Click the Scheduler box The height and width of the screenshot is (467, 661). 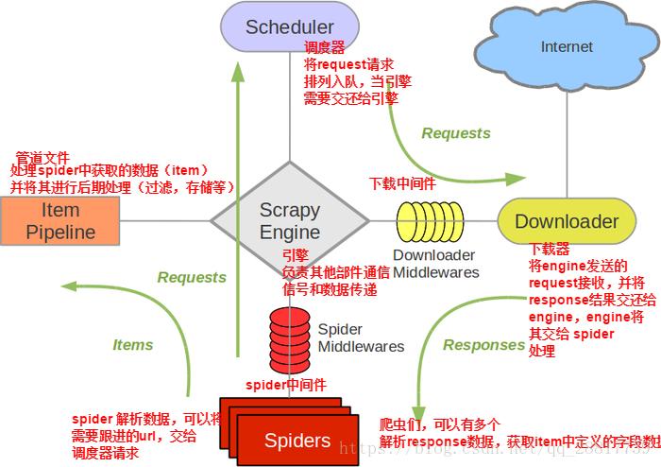289,26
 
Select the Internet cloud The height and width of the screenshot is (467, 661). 567,46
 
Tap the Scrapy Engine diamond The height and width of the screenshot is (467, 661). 290,221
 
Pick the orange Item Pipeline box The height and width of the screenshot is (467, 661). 60,220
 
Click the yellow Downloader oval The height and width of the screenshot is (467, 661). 567,221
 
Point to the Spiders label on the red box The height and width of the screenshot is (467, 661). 297,440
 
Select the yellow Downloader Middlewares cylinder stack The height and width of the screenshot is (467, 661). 430,221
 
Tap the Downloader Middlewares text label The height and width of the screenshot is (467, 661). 435,264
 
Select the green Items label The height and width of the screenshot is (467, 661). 132,345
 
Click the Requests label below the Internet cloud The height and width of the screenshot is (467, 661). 456,133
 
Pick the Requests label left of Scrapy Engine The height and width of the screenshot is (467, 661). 192,277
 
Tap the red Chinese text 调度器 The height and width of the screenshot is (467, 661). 324,47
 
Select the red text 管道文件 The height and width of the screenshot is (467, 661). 43,156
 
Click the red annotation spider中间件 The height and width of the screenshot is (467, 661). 285,385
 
